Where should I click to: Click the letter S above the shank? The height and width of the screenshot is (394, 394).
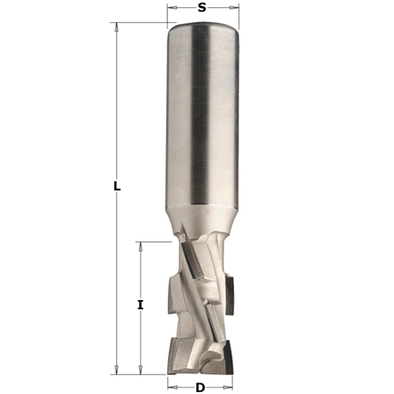click(202, 8)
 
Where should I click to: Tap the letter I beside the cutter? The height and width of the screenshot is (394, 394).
click(140, 304)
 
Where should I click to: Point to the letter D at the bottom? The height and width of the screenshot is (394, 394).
click(201, 388)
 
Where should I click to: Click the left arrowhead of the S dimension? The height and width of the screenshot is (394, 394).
click(170, 8)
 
